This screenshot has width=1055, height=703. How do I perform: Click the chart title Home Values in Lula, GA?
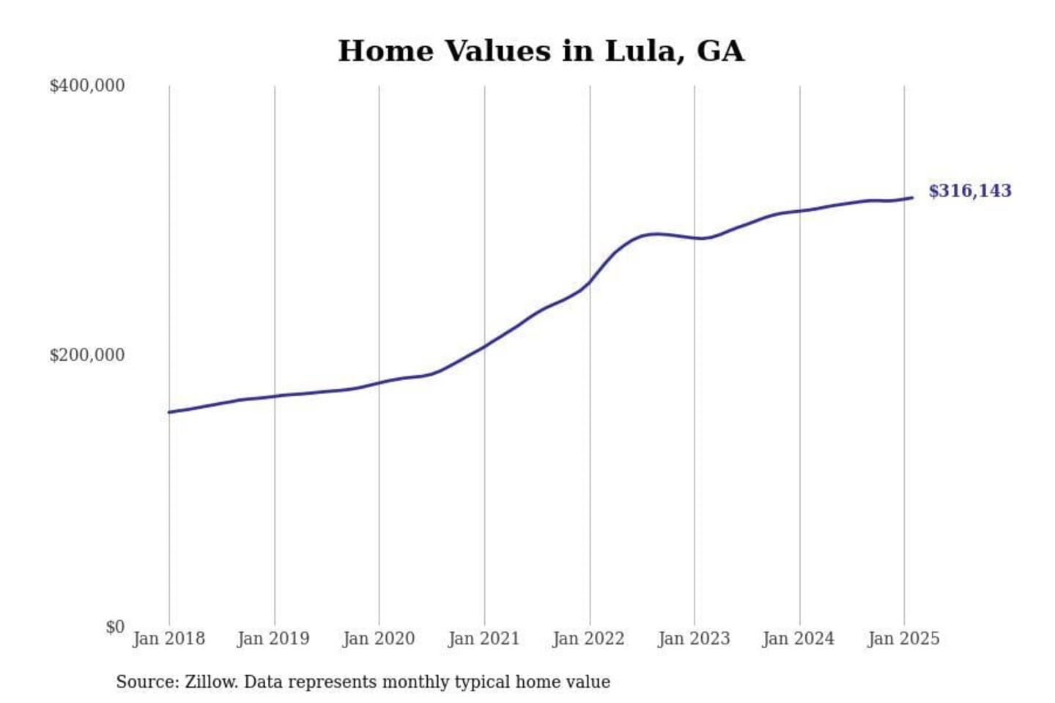pyautogui.click(x=541, y=51)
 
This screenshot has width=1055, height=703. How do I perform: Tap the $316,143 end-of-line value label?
pyautogui.click(x=969, y=191)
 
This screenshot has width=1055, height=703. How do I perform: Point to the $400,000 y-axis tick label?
pyautogui.click(x=86, y=86)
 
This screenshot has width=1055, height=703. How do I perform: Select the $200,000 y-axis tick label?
pyautogui.click(x=86, y=355)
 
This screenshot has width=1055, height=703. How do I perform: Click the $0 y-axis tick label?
pyautogui.click(x=115, y=627)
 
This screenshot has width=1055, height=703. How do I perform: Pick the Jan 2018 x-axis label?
pyautogui.click(x=169, y=639)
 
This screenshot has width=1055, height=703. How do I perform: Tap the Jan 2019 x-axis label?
pyautogui.click(x=273, y=639)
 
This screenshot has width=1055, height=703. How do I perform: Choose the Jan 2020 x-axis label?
pyautogui.click(x=379, y=639)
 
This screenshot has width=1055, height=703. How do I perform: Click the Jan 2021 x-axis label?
pyautogui.click(x=484, y=639)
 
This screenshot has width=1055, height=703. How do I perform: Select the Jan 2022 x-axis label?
pyautogui.click(x=588, y=639)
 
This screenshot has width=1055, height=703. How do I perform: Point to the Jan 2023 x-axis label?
pyautogui.click(x=694, y=639)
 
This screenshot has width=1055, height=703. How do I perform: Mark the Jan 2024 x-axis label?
pyautogui.click(x=798, y=639)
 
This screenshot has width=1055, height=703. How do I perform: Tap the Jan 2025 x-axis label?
pyautogui.click(x=903, y=639)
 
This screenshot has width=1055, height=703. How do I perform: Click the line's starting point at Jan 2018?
pyautogui.click(x=169, y=412)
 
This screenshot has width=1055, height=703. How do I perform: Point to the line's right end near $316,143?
pyautogui.click(x=912, y=198)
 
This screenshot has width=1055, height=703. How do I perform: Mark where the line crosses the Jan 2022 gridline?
pyautogui.click(x=590, y=282)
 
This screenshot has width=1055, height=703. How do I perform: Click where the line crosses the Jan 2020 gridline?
pyautogui.click(x=380, y=383)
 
